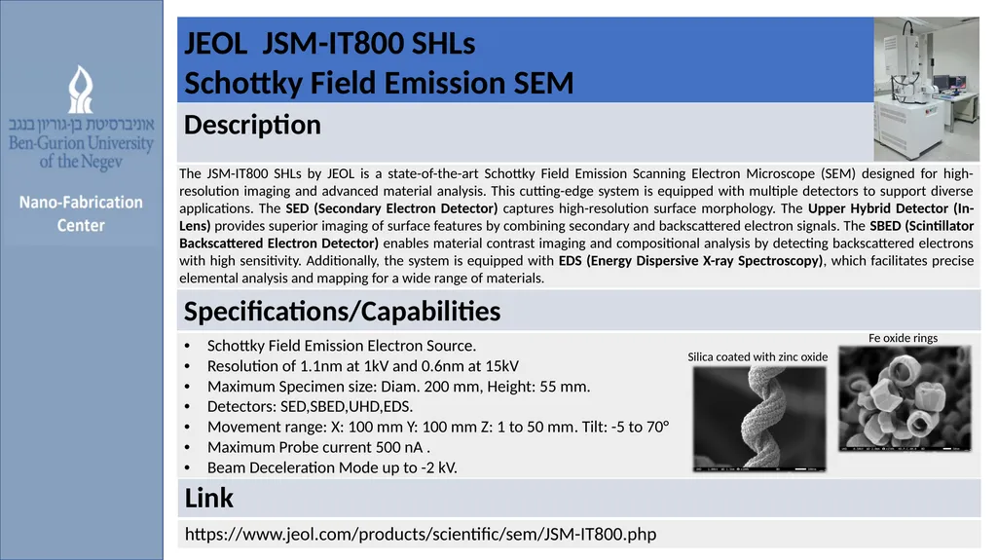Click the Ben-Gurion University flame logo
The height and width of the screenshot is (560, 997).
pyautogui.click(x=81, y=89)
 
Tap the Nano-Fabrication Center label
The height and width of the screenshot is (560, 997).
pyautogui.click(x=83, y=213)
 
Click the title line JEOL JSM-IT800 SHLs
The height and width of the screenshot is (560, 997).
pyautogui.click(x=330, y=44)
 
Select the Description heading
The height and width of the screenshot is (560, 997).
pyautogui.click(x=253, y=126)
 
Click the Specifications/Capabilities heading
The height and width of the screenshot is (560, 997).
pyautogui.click(x=343, y=312)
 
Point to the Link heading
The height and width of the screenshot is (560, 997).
pyautogui.click(x=209, y=499)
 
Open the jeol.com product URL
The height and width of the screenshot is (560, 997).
pyautogui.click(x=421, y=534)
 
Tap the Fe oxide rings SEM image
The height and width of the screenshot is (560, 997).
pyautogui.click(x=905, y=398)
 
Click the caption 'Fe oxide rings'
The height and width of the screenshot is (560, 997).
pyautogui.click(x=903, y=338)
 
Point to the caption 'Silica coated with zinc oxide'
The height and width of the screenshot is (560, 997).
pyautogui.click(x=757, y=356)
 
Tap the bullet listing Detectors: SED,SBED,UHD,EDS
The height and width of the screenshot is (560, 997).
pyautogui.click(x=310, y=406)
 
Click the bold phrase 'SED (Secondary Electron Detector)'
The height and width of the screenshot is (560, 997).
pyautogui.click(x=391, y=208)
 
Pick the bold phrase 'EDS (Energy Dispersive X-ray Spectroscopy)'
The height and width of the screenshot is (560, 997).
pyautogui.click(x=690, y=261)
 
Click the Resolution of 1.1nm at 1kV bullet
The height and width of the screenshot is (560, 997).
pyautogui.click(x=362, y=366)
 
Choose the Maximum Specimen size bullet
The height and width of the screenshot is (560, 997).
pyautogui.click(x=398, y=386)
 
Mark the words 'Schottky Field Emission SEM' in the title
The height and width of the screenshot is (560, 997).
pyautogui.click(x=379, y=85)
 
